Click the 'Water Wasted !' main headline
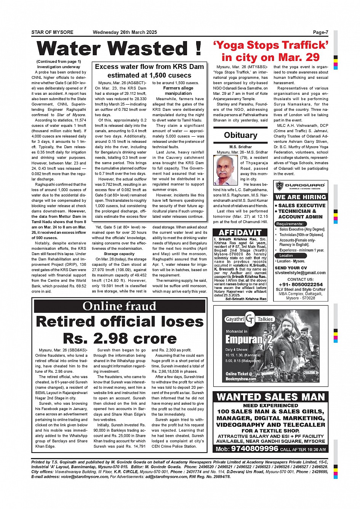[x=119, y=49]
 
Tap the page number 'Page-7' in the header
[x=320, y=32]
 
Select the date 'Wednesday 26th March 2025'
[x=125, y=32]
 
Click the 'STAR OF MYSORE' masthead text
[x=52, y=32]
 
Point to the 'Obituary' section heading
[x=240, y=135]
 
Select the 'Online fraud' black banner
[x=119, y=306]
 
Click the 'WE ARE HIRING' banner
[x=301, y=197]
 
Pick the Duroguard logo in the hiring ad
[x=300, y=186]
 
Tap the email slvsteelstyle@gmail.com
[x=300, y=273]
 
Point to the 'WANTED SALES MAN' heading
[x=270, y=397]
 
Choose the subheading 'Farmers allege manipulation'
[x=178, y=91]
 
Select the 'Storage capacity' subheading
[x=119, y=254]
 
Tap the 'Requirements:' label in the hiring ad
[x=290, y=224]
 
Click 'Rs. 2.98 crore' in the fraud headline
[x=120, y=338]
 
